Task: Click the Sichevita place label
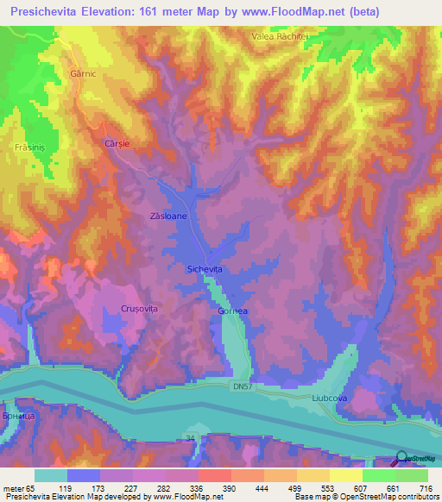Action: pyautogui.click(x=205, y=270)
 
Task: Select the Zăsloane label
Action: pyautogui.click(x=168, y=217)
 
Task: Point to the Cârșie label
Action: pyautogui.click(x=117, y=143)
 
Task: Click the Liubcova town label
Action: pyautogui.click(x=329, y=398)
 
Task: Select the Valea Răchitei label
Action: pyautogui.click(x=280, y=36)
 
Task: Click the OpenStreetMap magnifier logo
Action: pyautogui.click(x=401, y=457)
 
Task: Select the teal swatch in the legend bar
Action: pyautogui.click(x=50, y=475)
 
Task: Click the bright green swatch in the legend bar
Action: pyautogui.click(x=378, y=475)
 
